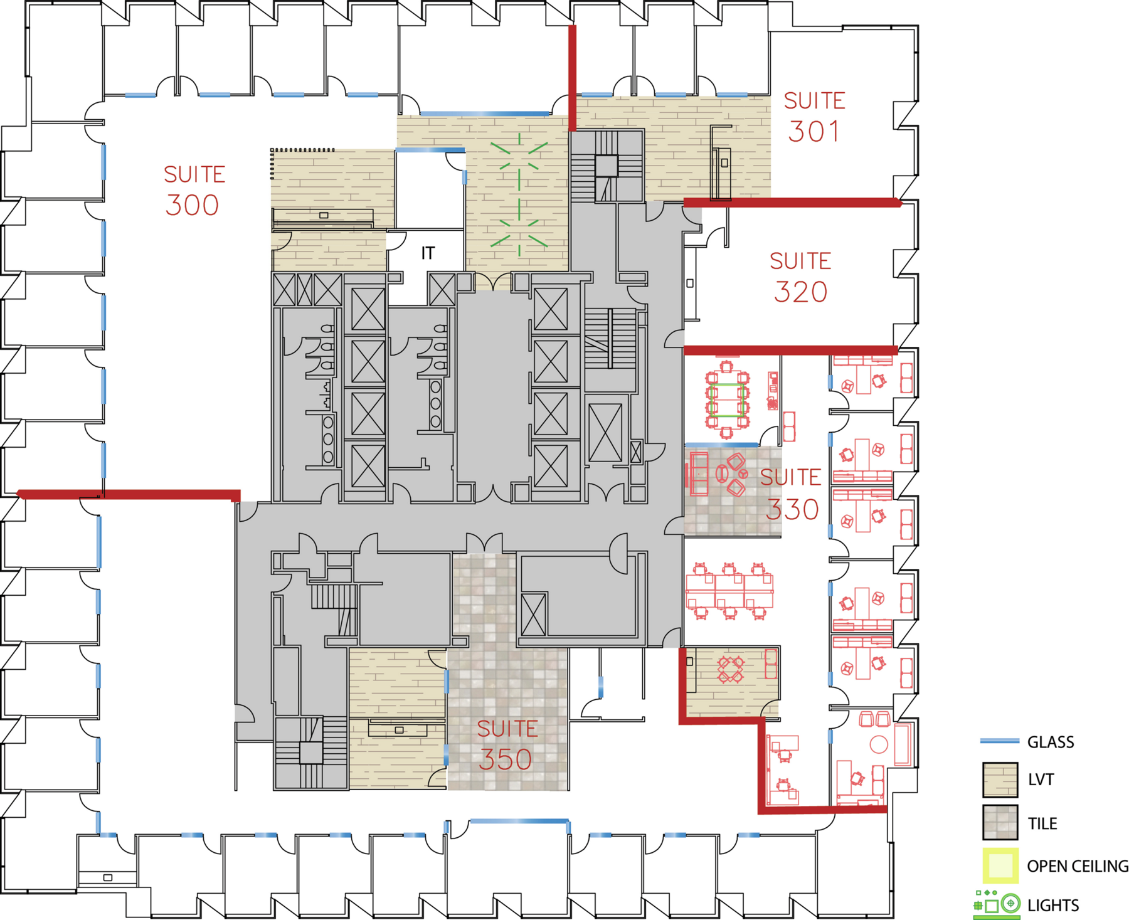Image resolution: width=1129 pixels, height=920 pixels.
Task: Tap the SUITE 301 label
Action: pyautogui.click(x=814, y=117)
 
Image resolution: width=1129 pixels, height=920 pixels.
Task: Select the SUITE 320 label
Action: pyautogui.click(x=800, y=277)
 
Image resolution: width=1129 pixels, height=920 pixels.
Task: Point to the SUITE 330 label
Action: pyautogui.click(x=790, y=494)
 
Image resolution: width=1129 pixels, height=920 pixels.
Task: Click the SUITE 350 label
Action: pyautogui.click(x=507, y=745)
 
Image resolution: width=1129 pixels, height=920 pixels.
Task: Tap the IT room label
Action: pyautogui.click(x=428, y=253)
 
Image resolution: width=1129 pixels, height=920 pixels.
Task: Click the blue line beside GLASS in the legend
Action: pyautogui.click(x=999, y=741)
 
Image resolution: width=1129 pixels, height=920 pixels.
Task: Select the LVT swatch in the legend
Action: pyautogui.click(x=1000, y=780)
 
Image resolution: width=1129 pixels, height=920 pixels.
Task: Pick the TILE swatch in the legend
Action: pyautogui.click(x=1000, y=822)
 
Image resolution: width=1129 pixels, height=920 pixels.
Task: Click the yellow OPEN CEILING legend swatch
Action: pyautogui.click(x=1000, y=865)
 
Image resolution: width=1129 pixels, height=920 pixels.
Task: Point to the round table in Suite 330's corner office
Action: pyautogui.click(x=879, y=744)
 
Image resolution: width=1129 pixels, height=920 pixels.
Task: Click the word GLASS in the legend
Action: pyautogui.click(x=1051, y=742)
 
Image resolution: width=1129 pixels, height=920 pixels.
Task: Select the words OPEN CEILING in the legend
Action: pyautogui.click(x=1078, y=866)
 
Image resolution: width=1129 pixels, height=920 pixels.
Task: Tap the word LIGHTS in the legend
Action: pyautogui.click(x=1053, y=905)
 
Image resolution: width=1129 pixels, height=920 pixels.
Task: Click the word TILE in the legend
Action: pyautogui.click(x=1042, y=823)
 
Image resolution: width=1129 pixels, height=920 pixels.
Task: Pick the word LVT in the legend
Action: pyautogui.click(x=1041, y=780)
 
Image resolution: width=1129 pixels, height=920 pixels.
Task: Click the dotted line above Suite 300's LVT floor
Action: pyautogui.click(x=303, y=150)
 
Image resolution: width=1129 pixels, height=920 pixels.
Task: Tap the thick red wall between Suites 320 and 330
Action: pyautogui.click(x=790, y=350)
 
